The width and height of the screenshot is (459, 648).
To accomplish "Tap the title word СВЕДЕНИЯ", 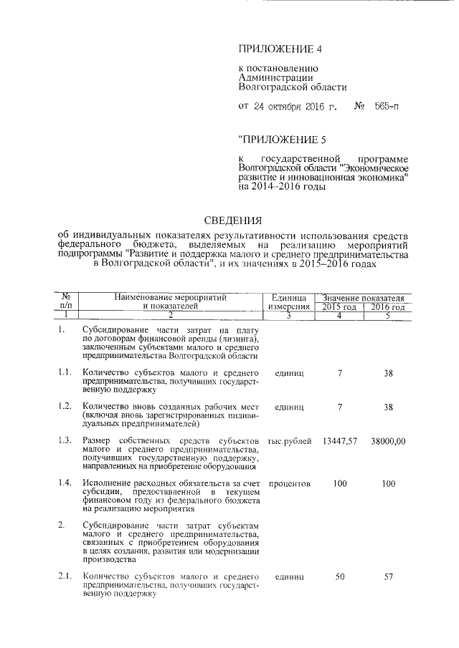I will tap(234, 221).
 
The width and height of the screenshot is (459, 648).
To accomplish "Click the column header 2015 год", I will tap(340, 307).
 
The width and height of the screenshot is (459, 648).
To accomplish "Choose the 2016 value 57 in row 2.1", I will tap(388, 576).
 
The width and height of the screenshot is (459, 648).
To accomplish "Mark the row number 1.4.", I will tap(65, 484).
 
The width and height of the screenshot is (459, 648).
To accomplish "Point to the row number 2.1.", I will tap(65, 576).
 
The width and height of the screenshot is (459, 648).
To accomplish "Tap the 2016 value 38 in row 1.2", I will tap(388, 407).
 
